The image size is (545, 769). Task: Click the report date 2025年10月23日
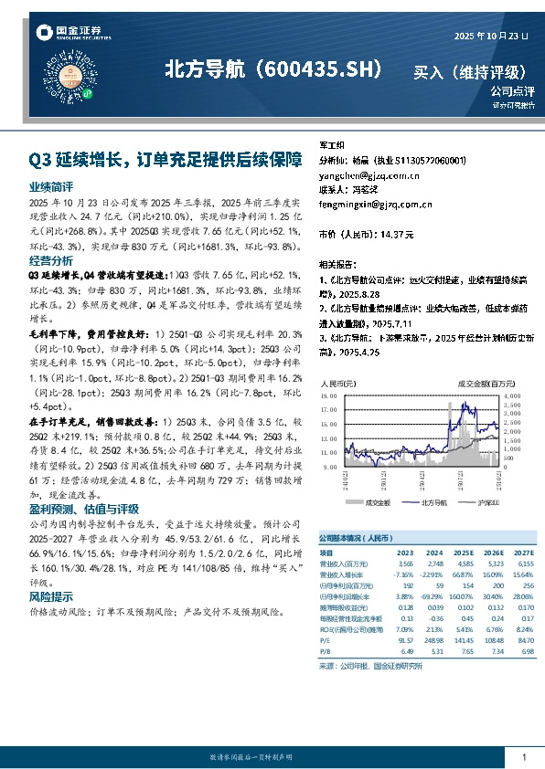(492, 36)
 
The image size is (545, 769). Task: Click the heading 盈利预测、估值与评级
(83, 509)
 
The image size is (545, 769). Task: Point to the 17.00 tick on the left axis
(328, 410)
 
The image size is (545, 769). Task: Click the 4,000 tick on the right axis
(511, 397)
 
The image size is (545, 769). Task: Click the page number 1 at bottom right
(524, 757)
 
